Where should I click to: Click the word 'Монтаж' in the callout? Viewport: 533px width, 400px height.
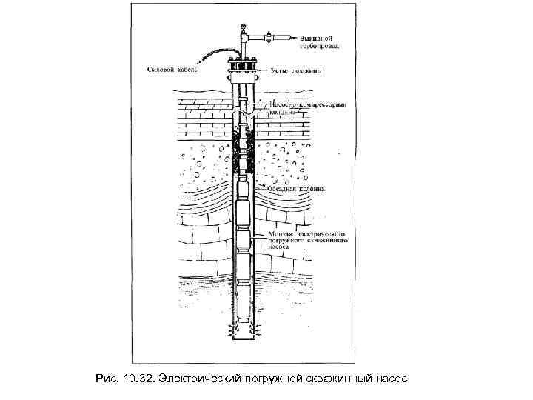pos(280,235)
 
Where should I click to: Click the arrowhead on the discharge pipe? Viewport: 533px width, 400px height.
pos(294,36)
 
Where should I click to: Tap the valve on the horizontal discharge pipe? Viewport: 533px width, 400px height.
pos(275,36)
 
